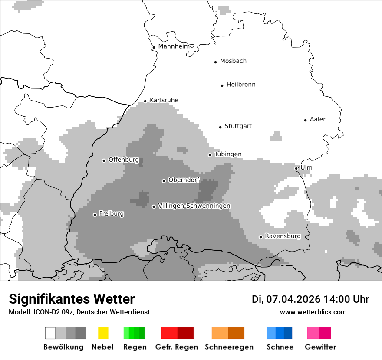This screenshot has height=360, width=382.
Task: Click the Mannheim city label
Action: coord(174,46)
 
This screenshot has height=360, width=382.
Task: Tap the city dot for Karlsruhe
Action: coord(145,101)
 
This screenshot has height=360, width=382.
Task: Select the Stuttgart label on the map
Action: coord(238,126)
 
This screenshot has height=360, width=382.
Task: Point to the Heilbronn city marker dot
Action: coord(222,85)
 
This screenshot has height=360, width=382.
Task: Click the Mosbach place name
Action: coord(233,61)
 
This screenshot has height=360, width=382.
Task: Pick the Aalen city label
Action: coord(318,119)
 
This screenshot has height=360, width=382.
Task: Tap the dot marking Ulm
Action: coord(296,168)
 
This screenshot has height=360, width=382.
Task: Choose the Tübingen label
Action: coord(228,154)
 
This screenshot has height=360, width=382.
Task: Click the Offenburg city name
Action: coord(124,160)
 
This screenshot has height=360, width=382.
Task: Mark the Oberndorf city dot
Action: coord(164,181)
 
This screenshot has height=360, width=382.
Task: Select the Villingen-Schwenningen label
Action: coord(194,206)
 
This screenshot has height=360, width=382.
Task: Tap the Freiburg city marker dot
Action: coord(95,215)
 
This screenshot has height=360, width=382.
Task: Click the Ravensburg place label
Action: coord(283,236)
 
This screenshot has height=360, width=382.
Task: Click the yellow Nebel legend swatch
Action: coord(103,333)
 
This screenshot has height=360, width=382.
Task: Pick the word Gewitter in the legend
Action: coord(320,347)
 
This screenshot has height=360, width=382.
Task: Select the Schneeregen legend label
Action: coord(229,347)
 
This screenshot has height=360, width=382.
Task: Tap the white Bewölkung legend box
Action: coord(50,333)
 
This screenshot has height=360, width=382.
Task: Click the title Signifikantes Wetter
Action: coord(72,299)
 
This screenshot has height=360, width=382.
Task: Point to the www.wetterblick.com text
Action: coord(313,312)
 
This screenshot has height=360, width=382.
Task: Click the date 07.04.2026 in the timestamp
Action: coord(293,299)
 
